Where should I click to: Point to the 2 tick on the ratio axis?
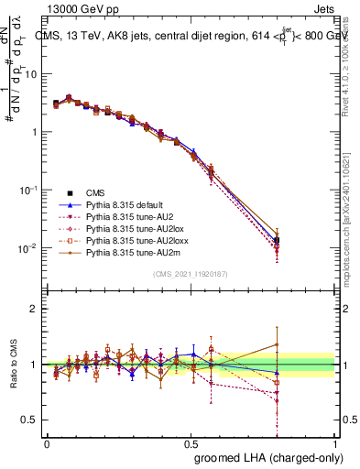[34, 309]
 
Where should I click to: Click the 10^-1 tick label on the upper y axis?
[27, 190]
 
